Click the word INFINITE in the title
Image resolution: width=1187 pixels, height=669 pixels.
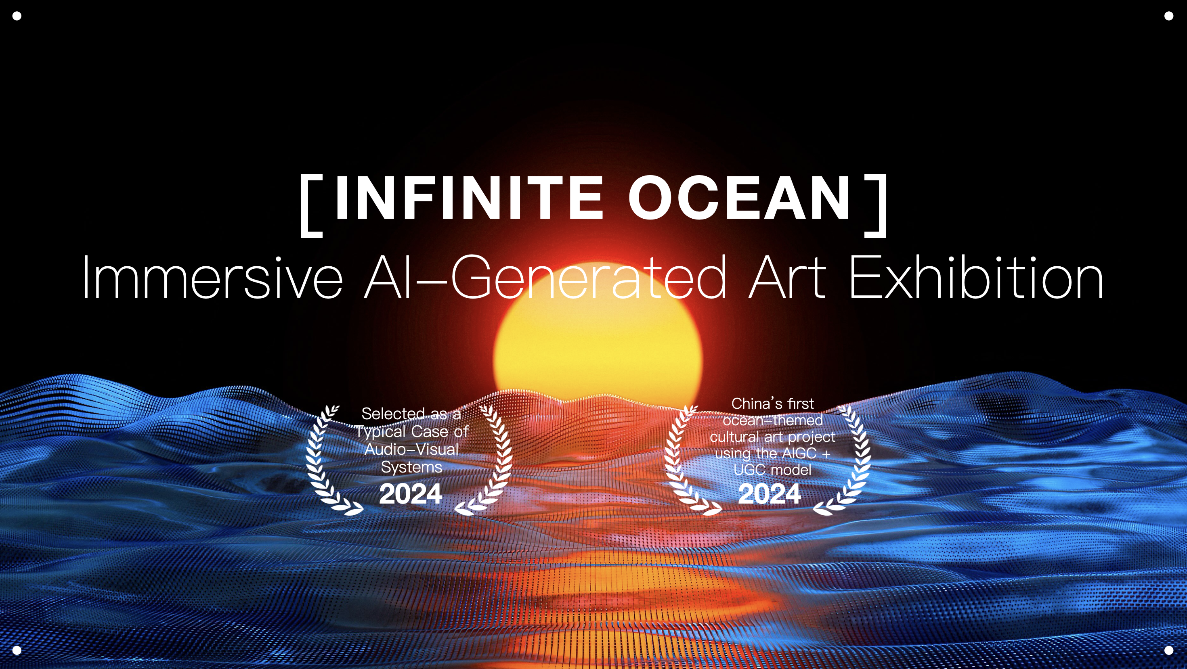[x=469, y=198]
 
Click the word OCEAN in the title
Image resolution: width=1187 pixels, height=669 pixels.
[x=740, y=198]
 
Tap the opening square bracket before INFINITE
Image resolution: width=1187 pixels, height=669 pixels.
[x=311, y=205]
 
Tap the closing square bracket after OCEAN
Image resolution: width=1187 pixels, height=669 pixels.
[x=875, y=205]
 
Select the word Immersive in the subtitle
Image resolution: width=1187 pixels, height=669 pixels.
[x=212, y=277]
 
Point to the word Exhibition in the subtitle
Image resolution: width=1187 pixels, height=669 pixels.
[x=975, y=277]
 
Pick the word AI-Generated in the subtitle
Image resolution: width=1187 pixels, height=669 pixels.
[x=545, y=277]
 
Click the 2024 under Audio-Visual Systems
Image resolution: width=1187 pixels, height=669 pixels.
[x=411, y=494]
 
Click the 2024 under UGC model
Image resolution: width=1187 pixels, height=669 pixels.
[x=770, y=494]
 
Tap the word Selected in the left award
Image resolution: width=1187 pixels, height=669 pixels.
[x=393, y=414]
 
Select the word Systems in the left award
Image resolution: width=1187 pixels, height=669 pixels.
[x=411, y=468]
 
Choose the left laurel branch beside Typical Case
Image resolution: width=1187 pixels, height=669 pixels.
[x=329, y=460]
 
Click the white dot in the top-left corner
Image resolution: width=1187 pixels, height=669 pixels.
[x=17, y=16]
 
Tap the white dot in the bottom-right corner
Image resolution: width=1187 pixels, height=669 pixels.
[x=1168, y=650]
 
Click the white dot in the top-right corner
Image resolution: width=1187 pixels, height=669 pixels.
[x=1168, y=16]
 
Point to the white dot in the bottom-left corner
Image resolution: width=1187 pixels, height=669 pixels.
[x=17, y=650]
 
